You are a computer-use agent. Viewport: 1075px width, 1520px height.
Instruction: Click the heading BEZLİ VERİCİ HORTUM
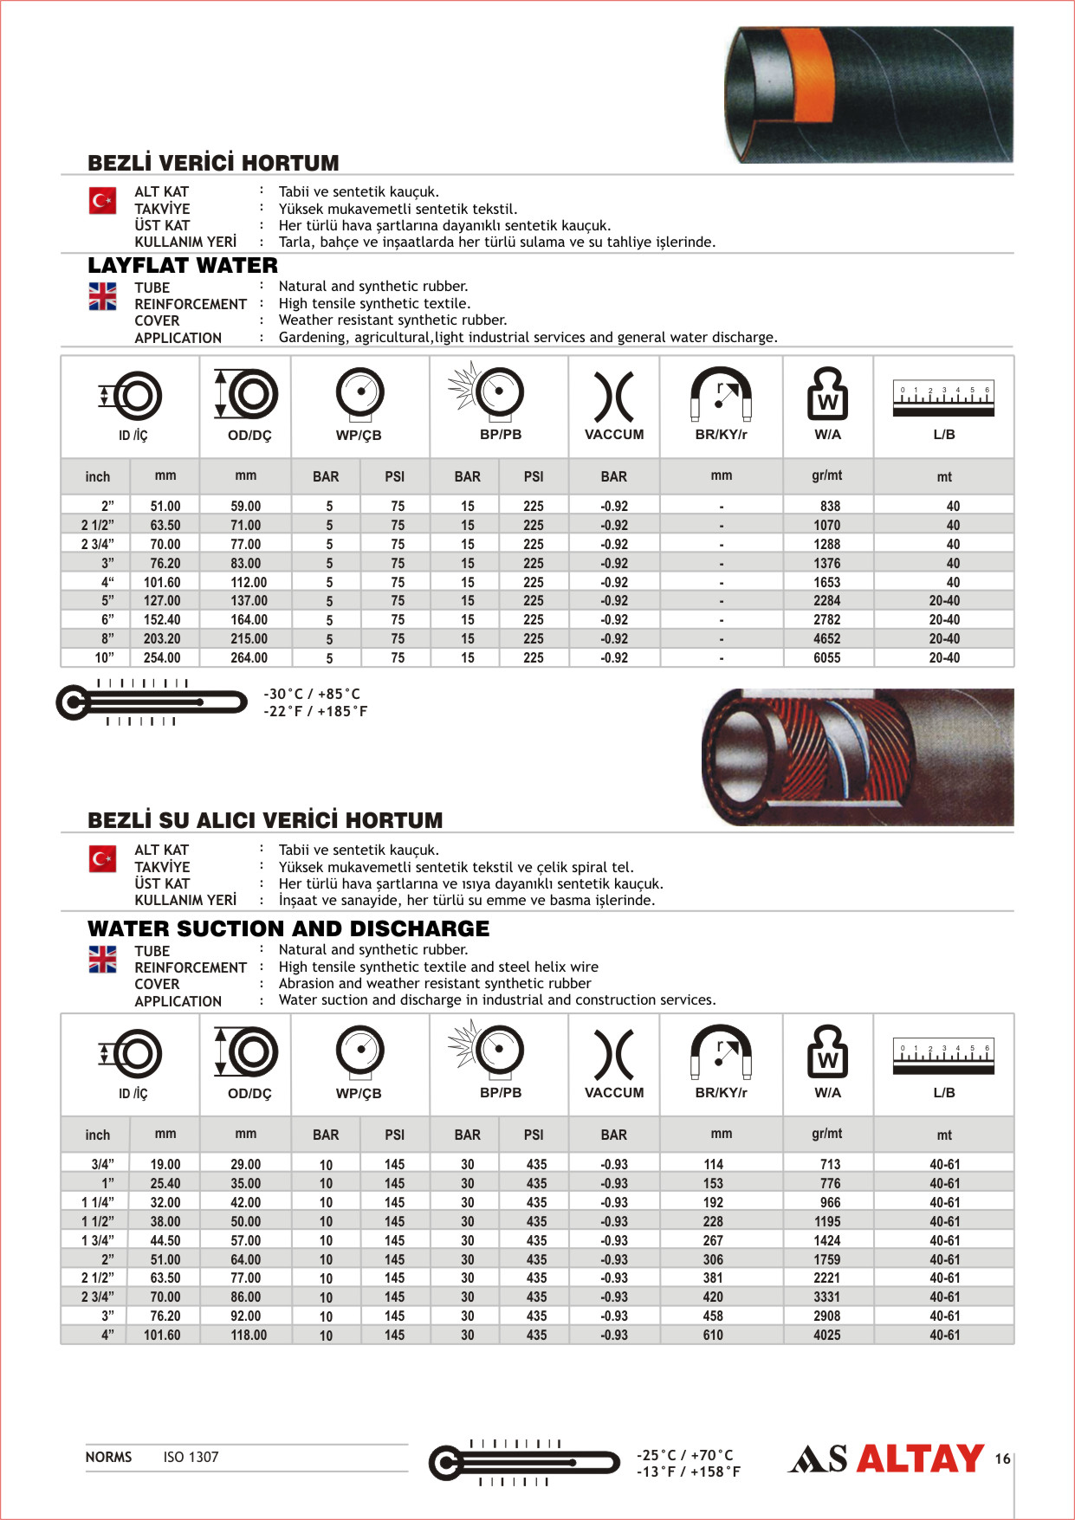[x=213, y=163]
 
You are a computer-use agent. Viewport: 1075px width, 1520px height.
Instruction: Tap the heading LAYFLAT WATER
[x=183, y=266]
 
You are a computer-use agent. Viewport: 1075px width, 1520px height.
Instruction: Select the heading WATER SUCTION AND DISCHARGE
[x=288, y=929]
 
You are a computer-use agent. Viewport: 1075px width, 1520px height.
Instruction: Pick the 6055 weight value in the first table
[x=826, y=658]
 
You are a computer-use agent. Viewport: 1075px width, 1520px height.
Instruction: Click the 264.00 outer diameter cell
[x=249, y=658]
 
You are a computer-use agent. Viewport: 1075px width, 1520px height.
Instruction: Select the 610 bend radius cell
[x=713, y=1336]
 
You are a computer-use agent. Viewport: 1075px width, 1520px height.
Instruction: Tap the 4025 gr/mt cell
[x=826, y=1336]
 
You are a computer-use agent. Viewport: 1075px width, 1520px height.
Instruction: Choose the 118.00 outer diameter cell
[x=249, y=1336]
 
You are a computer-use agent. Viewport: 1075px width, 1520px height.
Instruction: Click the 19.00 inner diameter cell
[x=165, y=1165]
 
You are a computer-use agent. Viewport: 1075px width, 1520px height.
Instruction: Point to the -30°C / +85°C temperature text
[x=312, y=695]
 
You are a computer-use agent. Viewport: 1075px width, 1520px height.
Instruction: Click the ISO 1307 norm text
[x=191, y=1458]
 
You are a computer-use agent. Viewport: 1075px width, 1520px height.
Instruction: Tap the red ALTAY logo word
[x=920, y=1459]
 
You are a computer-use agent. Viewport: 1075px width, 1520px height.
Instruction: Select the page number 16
[x=1002, y=1459]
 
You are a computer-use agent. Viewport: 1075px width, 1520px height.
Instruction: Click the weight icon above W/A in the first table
[x=827, y=394]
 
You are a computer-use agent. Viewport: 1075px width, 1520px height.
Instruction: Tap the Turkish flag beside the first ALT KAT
[x=102, y=201]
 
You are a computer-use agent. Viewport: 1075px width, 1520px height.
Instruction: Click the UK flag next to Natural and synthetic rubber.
[x=102, y=296]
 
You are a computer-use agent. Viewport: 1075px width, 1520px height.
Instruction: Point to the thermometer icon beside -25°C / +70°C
[x=524, y=1463]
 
